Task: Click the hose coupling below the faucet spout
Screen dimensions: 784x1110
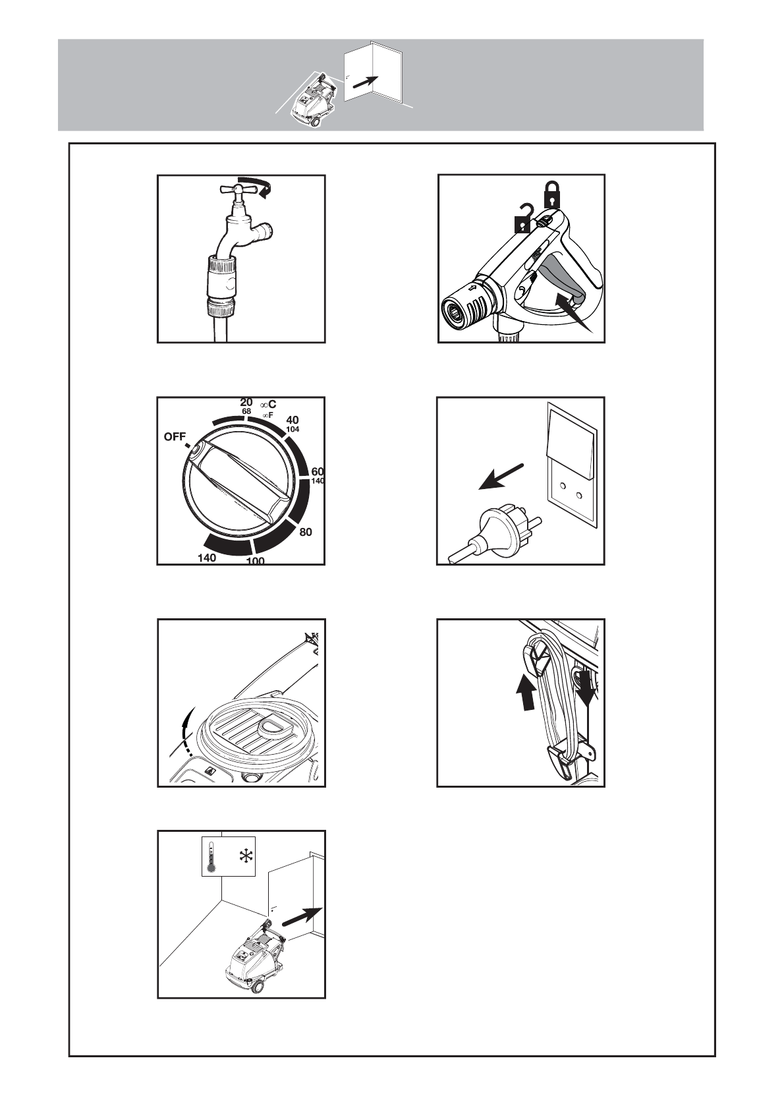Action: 223,283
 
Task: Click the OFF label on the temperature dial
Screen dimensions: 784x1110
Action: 175,436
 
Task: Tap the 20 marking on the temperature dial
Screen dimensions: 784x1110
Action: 246,402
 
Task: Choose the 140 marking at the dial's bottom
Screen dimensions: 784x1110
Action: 206,558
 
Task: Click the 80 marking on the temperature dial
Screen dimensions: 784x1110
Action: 306,532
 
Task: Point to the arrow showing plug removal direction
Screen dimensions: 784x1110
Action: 501,476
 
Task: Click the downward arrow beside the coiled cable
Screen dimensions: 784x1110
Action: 586,687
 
